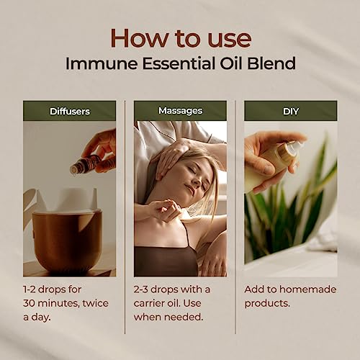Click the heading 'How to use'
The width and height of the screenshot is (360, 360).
tap(179, 37)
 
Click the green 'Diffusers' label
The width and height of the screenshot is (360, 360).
tap(69, 110)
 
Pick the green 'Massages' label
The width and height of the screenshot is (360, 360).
tap(180, 110)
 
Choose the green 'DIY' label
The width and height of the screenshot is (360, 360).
tap(290, 110)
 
